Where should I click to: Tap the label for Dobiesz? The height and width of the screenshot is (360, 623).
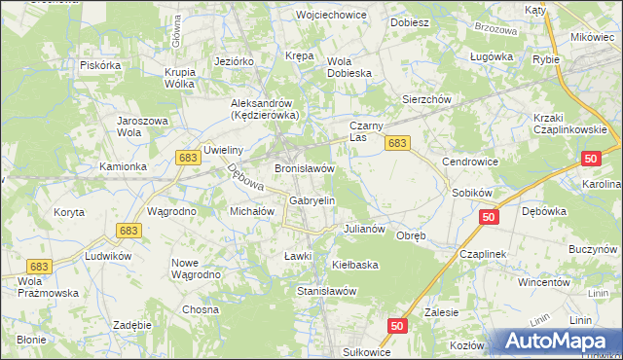409,21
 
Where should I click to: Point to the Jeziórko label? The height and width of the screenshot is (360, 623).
234,60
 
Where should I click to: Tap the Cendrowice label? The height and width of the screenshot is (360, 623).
470,162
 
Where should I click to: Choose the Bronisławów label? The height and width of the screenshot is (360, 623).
305,168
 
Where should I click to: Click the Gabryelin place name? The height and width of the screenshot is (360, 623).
311,200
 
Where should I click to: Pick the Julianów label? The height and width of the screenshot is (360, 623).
365,230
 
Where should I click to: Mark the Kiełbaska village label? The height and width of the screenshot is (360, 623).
354,264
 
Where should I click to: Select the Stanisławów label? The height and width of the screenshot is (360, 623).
326,291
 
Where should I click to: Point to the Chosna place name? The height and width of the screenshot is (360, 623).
201,309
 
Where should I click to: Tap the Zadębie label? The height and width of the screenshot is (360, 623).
131,325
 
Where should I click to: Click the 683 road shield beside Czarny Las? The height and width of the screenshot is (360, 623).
396,143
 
